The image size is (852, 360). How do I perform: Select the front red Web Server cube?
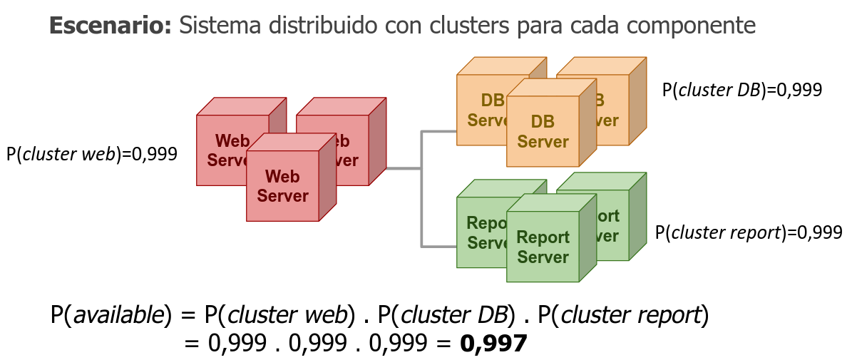[x=283, y=185]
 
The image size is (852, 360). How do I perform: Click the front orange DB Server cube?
[x=543, y=131]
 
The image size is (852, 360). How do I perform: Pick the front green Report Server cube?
[x=543, y=246]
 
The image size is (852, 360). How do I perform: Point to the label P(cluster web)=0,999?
[x=91, y=154]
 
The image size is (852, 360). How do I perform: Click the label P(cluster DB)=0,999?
[x=742, y=90]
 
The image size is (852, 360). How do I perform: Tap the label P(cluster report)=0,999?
[x=749, y=232]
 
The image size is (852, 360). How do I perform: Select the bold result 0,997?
[x=493, y=344]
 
